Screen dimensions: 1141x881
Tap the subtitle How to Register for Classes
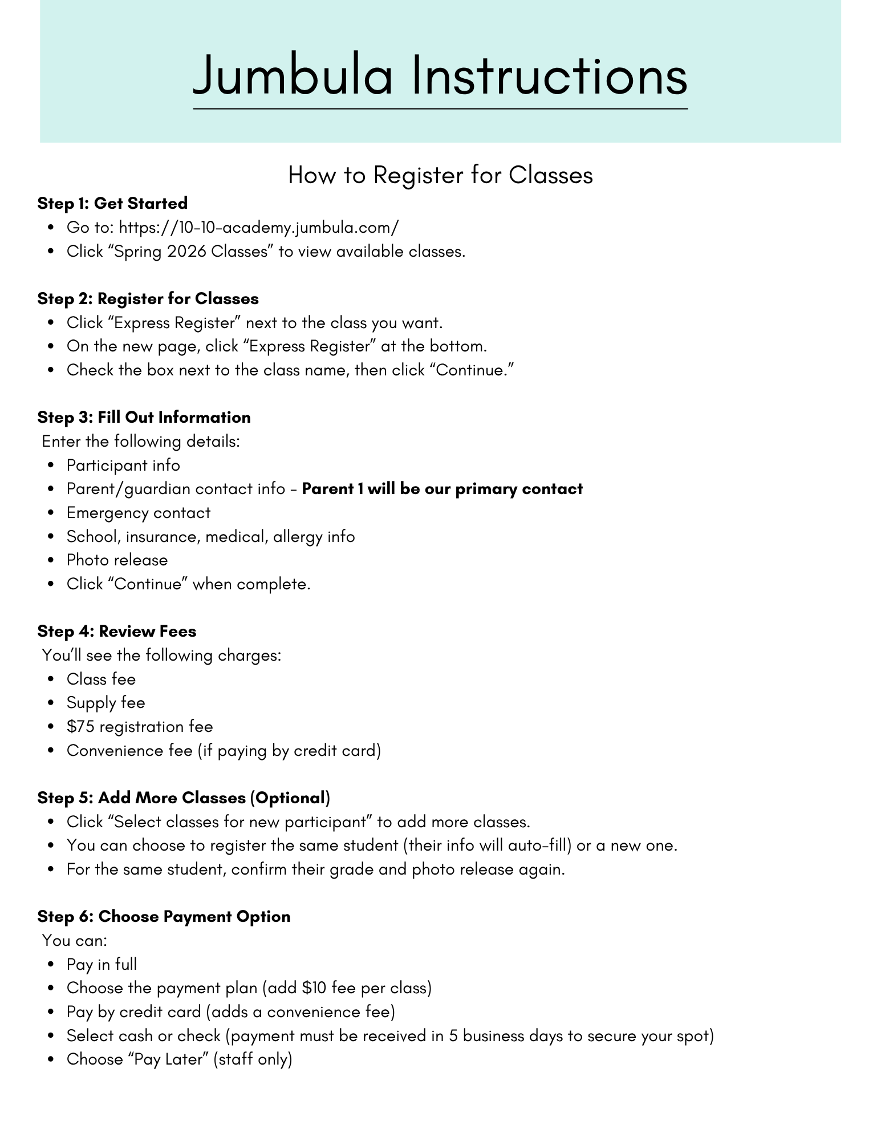440,175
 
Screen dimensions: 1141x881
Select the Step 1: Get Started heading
112,203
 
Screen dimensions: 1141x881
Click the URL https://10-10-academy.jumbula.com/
258,227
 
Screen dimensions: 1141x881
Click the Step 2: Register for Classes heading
148,298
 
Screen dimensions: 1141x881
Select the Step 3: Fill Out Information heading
144,417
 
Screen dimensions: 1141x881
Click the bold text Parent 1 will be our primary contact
442,489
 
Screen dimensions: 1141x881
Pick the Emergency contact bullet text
139,512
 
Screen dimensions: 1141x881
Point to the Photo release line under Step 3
117,560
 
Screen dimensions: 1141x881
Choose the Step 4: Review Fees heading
117,631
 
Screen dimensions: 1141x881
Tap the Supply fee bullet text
105,702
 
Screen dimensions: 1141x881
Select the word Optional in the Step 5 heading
290,798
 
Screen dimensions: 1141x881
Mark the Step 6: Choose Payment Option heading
164,916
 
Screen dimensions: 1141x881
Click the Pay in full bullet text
102,964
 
